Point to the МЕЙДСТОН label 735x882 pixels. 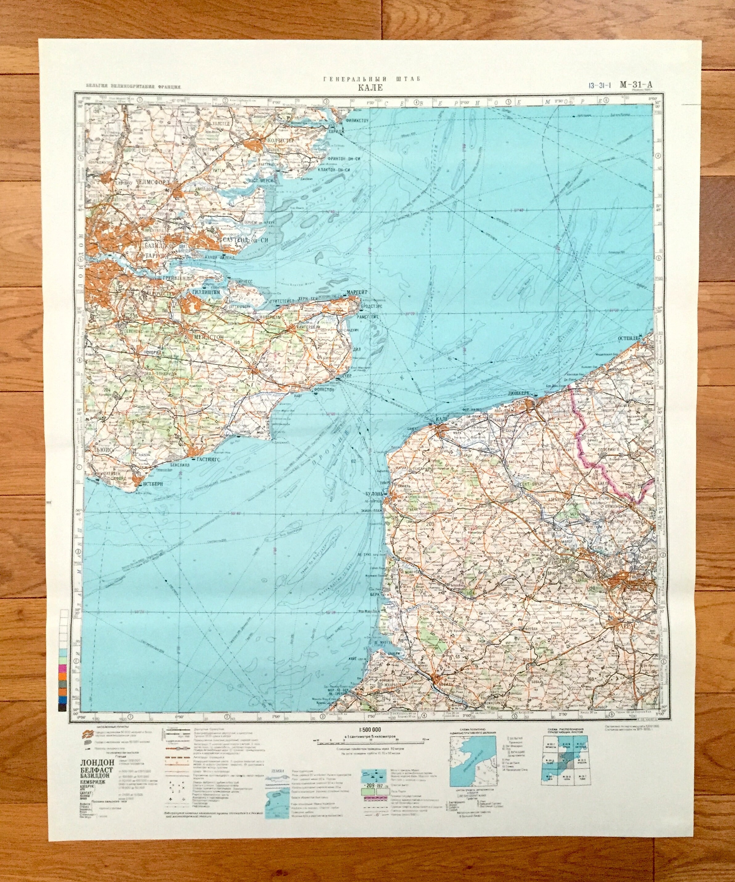click(x=205, y=337)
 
